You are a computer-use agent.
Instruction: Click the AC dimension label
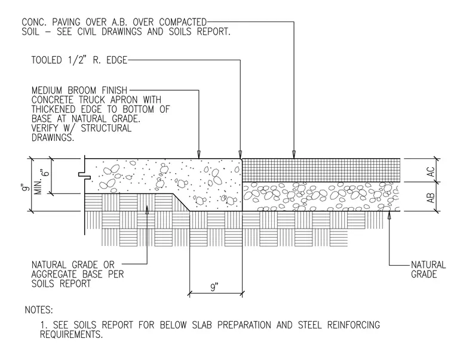(x=431, y=171)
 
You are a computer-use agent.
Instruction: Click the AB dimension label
(x=431, y=198)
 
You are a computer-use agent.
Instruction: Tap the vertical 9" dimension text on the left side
(x=26, y=188)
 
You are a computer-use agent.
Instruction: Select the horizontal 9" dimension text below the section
(x=214, y=287)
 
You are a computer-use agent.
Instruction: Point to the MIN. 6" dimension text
(x=42, y=182)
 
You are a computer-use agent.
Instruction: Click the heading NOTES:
(x=39, y=310)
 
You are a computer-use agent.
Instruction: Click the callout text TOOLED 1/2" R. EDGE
(x=79, y=60)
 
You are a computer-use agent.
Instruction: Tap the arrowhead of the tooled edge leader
(x=240, y=154)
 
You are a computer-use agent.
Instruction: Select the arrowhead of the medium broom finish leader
(x=198, y=154)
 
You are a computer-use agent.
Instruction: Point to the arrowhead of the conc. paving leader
(x=294, y=154)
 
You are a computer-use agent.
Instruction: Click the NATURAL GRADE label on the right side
(x=428, y=269)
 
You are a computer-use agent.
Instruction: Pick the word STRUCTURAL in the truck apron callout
(x=106, y=128)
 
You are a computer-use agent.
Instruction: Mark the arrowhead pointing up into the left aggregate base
(x=147, y=209)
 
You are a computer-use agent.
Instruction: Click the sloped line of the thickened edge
(x=181, y=202)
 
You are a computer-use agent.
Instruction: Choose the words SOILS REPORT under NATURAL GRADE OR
(x=61, y=284)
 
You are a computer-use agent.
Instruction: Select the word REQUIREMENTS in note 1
(x=71, y=334)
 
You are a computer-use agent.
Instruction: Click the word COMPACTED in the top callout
(x=183, y=22)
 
